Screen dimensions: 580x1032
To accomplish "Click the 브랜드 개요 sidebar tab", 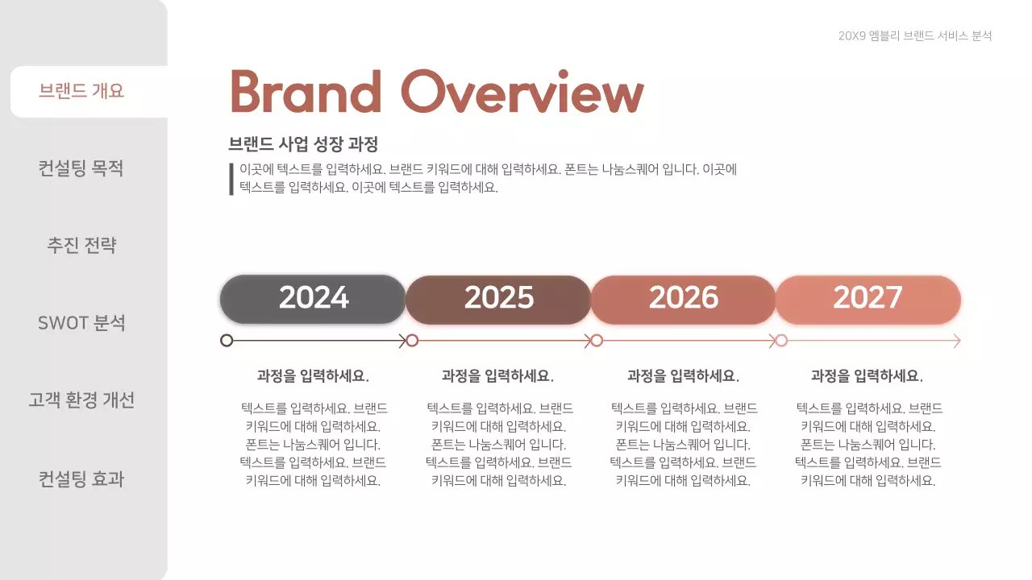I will click(x=81, y=91).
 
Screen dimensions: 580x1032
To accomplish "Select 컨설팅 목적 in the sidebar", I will click(x=81, y=168).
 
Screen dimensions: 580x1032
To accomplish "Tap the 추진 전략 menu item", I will click(x=81, y=246).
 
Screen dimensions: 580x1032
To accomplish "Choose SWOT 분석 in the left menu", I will click(x=81, y=323).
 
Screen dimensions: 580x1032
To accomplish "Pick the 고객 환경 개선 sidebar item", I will click(x=81, y=400).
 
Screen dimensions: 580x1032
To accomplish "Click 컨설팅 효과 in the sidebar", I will click(x=81, y=479).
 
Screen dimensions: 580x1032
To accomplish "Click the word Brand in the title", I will click(x=306, y=92).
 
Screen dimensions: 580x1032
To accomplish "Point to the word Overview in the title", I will click(x=522, y=92).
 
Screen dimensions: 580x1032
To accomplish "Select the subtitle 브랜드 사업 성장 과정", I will click(x=303, y=144).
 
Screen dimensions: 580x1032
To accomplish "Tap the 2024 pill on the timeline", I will click(x=313, y=299).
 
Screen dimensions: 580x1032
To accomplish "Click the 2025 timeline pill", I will click(x=498, y=299).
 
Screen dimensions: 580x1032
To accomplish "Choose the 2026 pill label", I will click(x=683, y=299).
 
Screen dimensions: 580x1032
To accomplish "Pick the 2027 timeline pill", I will click(x=868, y=299).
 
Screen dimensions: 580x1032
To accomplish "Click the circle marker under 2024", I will click(x=227, y=341).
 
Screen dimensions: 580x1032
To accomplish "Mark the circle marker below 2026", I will click(x=597, y=341).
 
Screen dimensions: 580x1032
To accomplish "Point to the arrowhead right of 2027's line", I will click(x=956, y=341).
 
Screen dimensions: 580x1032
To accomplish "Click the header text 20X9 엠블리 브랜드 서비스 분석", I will click(x=914, y=36).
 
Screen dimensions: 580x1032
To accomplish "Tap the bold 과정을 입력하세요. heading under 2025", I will click(x=497, y=376).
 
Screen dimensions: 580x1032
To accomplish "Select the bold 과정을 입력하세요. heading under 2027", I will click(x=867, y=376).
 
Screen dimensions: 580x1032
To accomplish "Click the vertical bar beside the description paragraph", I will click(x=231, y=179).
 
